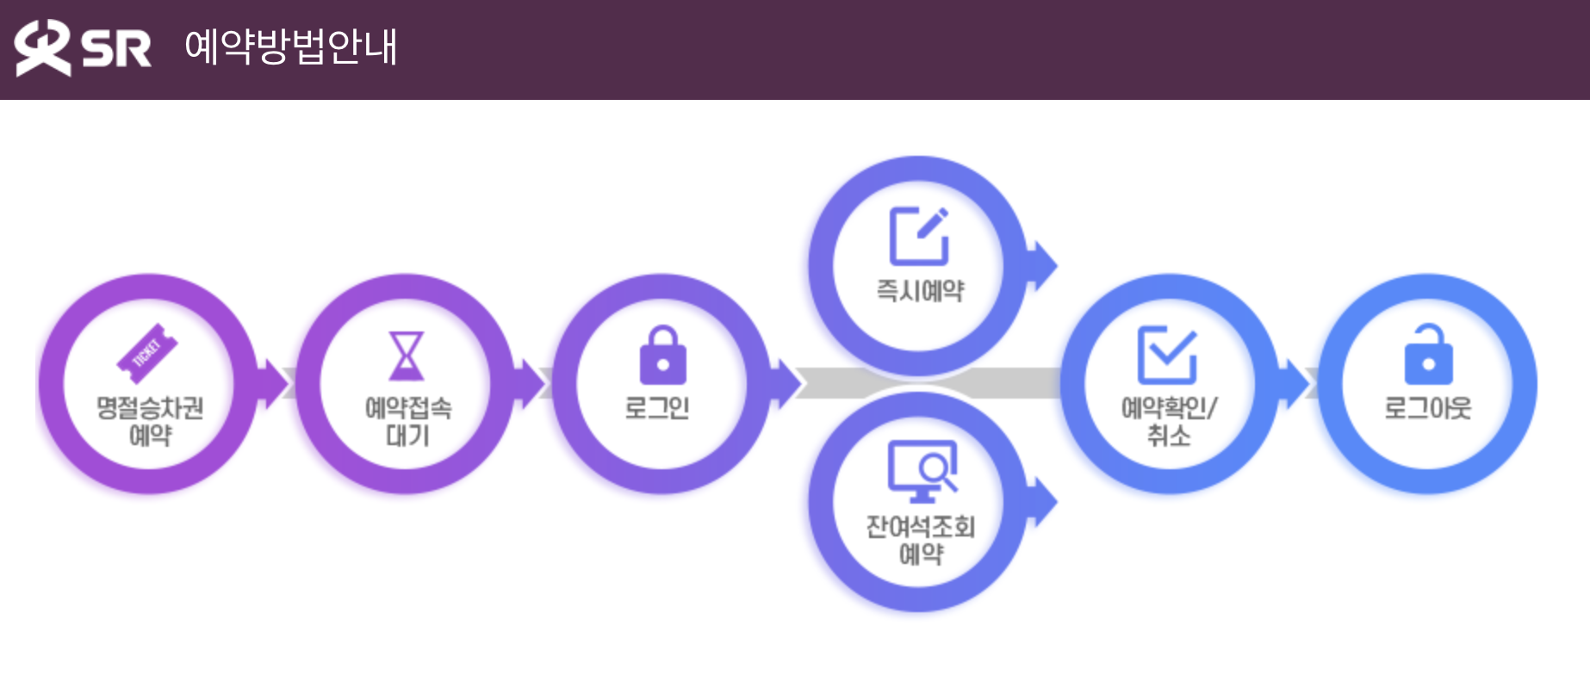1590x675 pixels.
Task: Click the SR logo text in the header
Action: point(116,48)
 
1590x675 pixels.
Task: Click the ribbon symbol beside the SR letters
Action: point(41,47)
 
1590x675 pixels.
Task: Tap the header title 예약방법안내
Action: point(291,46)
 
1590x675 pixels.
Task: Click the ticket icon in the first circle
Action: point(147,352)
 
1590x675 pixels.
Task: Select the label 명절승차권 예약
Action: point(150,421)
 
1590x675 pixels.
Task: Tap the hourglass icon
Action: point(407,356)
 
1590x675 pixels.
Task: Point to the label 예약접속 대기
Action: point(407,421)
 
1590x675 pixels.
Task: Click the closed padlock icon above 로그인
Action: point(662,355)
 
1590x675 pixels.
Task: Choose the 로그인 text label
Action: point(657,407)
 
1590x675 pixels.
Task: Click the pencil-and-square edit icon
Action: point(919,236)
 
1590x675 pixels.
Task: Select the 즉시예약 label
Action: point(920,291)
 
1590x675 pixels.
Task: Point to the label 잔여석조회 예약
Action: point(921,540)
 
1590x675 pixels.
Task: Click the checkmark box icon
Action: point(1167,354)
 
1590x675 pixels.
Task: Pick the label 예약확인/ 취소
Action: point(1169,421)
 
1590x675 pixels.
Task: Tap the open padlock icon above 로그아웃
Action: point(1428,354)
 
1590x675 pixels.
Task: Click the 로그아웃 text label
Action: point(1427,407)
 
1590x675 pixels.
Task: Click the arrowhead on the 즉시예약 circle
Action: point(1044,264)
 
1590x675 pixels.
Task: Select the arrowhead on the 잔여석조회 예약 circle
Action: point(1044,501)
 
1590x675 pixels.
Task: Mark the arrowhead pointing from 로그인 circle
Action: point(788,382)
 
